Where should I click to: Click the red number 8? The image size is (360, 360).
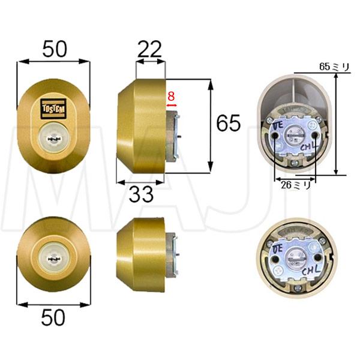[x=171, y=95]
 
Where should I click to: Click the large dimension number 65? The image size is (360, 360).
[x=228, y=124]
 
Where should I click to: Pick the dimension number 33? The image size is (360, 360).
[x=142, y=194]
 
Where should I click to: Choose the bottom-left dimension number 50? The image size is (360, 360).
[x=53, y=317]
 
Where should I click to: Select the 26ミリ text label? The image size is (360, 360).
[x=295, y=185]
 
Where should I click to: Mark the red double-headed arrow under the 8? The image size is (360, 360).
[x=172, y=106]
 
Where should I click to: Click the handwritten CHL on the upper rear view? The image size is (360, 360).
[x=308, y=146]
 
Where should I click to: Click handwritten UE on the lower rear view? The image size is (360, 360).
[x=278, y=248]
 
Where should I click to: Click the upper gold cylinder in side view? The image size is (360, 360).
[x=142, y=129]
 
